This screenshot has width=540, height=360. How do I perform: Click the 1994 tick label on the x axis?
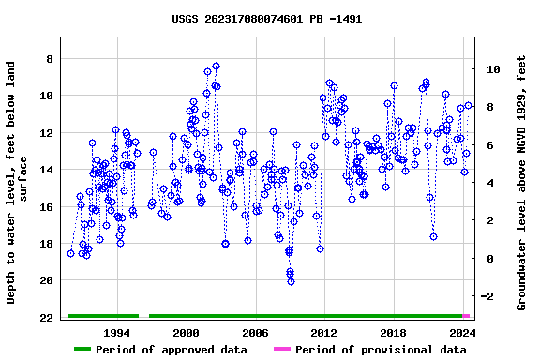pyautogui.click(x=117, y=333)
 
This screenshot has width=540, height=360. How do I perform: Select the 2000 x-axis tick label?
pyautogui.click(x=187, y=333)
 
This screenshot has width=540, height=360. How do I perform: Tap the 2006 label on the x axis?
pyautogui.click(x=255, y=333)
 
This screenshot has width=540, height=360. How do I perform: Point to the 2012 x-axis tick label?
pyautogui.click(x=324, y=333)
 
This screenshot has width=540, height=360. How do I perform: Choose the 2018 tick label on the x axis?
pyautogui.click(x=393, y=333)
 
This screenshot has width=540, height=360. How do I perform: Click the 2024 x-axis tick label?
pyautogui.click(x=462, y=333)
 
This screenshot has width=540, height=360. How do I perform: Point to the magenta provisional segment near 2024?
pyautogui.click(x=466, y=316)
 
